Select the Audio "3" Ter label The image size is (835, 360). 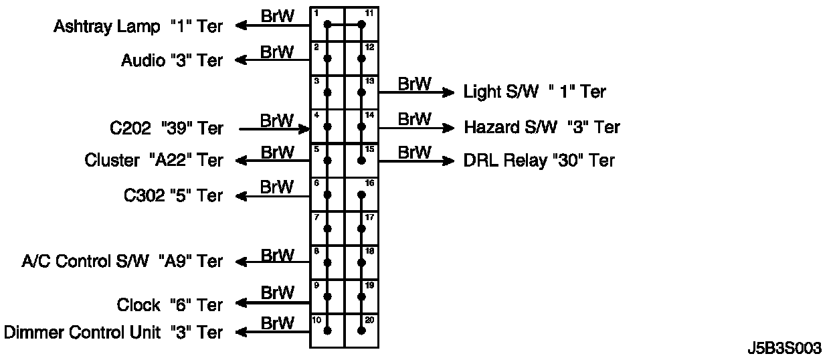tap(172, 60)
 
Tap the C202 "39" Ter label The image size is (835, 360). tap(167, 127)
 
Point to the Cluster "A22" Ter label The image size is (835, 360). tap(154, 161)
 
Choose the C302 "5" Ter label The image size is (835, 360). tap(173, 195)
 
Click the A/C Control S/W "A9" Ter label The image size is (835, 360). tap(122, 261)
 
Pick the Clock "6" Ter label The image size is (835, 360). tap(170, 305)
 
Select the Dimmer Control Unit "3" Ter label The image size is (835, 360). tap(114, 332)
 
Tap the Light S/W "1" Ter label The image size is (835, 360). tap(535, 92)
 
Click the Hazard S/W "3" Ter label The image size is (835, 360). tap(542, 126)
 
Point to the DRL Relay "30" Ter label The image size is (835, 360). tap(539, 161)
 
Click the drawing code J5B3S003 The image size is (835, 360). tap(784, 349)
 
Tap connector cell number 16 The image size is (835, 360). tap(361, 195)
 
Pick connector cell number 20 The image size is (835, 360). tap(361, 331)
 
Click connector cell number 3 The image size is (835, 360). tap(327, 92)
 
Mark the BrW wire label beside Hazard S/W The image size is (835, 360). tap(415, 119)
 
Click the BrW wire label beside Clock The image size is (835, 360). tap(277, 293)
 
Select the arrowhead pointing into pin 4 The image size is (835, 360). tap(303, 127)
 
